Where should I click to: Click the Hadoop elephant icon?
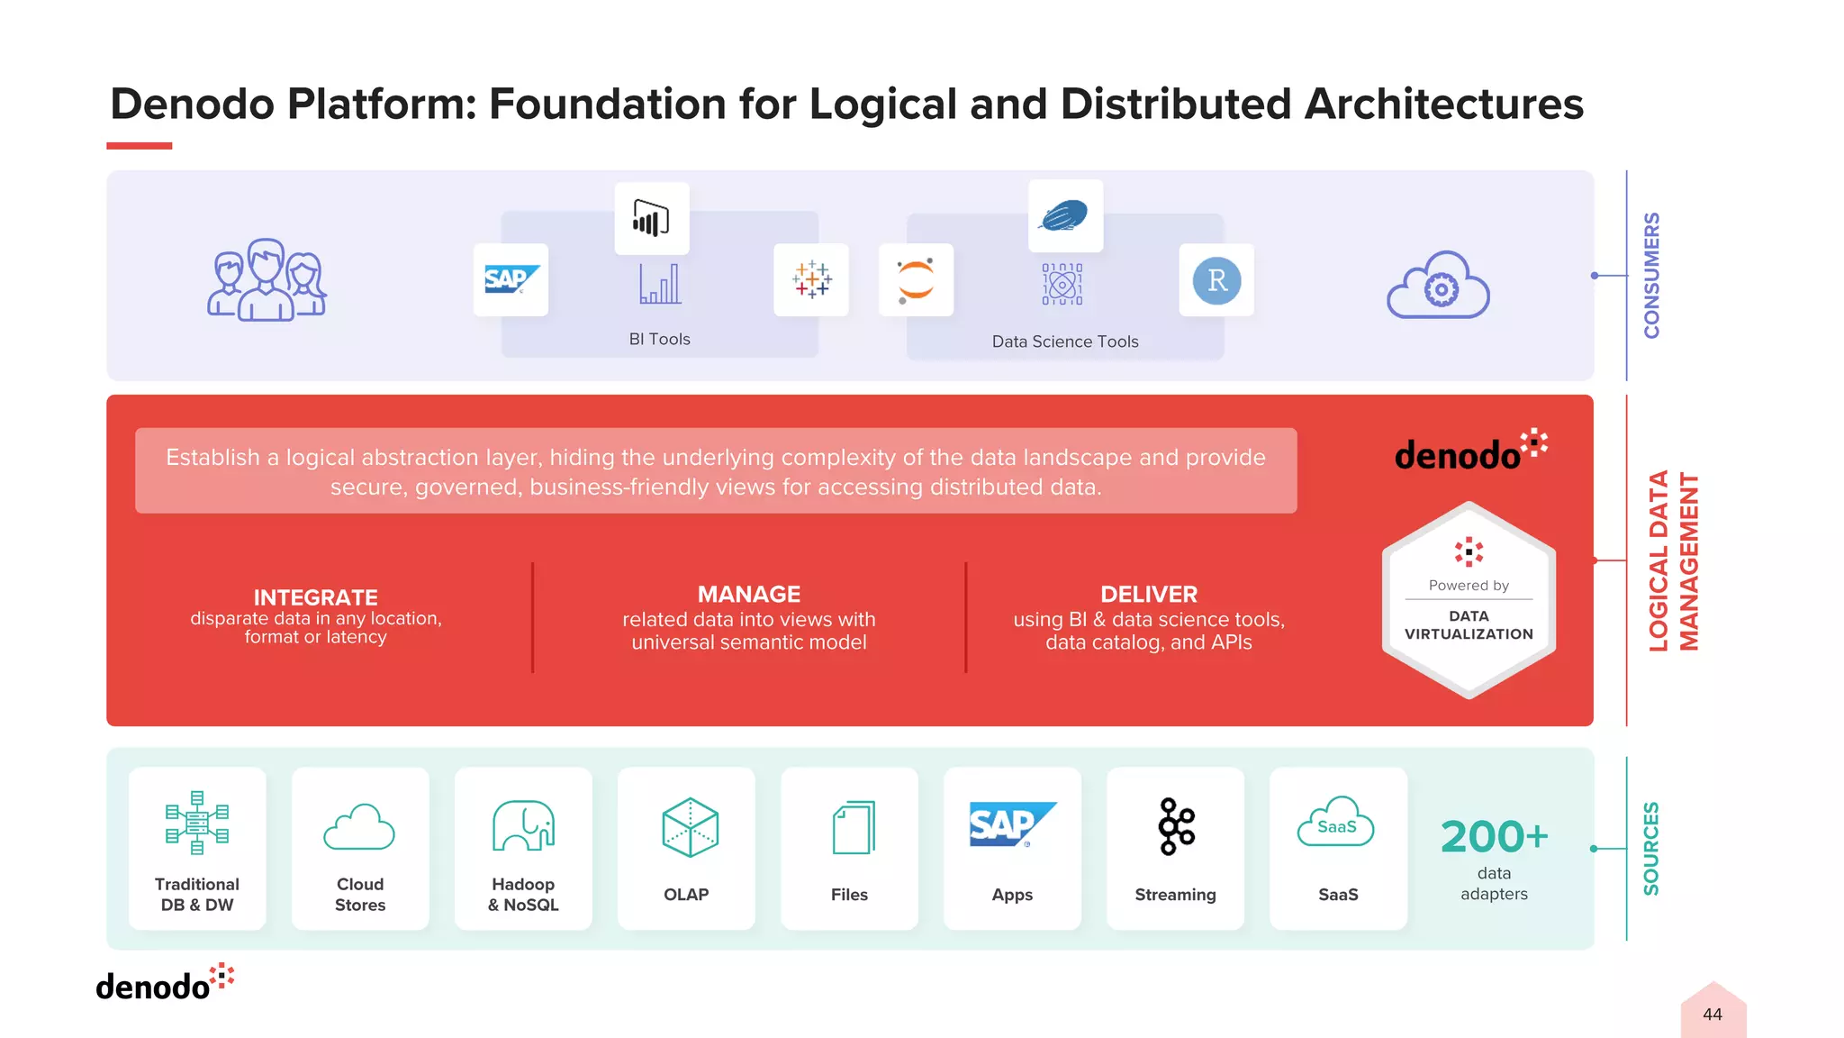coord(523,825)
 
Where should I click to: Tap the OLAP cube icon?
coord(690,827)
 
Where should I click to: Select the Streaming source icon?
coord(1176,826)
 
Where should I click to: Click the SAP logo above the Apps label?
coord(1012,824)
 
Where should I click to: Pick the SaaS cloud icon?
coord(1336,823)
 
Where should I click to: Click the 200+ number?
coord(1494,836)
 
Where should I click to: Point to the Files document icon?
coord(853,827)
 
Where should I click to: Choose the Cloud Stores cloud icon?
coord(359,827)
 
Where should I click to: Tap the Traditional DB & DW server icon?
coord(197,823)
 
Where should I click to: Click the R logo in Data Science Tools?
coord(1216,280)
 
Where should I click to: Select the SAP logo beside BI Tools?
coord(511,279)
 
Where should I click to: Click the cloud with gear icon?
coord(1438,286)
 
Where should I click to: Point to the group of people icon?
coord(267,280)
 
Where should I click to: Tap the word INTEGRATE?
coord(315,597)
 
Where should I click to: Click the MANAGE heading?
coord(748,595)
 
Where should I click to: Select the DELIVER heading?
coord(1149,595)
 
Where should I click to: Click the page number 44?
coord(1712,1015)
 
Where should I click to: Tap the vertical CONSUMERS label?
coord(1651,276)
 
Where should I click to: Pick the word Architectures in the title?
coord(1443,105)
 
